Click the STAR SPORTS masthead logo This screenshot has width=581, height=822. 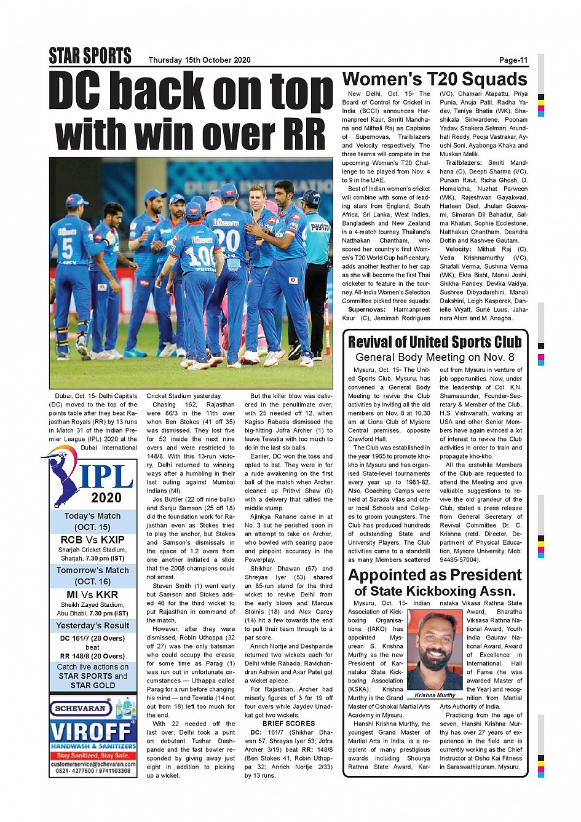click(x=90, y=56)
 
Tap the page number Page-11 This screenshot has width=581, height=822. click(x=513, y=60)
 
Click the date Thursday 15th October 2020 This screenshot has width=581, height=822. click(x=199, y=60)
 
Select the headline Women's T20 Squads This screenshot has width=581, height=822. click(x=435, y=79)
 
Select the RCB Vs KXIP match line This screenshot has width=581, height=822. click(x=92, y=540)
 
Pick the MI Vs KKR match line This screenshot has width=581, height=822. click(x=92, y=595)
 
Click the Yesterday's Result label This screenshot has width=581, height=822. click(x=92, y=625)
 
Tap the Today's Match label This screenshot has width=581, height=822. click(x=92, y=516)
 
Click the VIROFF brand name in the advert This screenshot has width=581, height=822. click(x=92, y=732)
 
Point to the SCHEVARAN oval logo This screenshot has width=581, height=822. click(x=81, y=708)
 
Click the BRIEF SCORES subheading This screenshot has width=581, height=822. click(x=288, y=724)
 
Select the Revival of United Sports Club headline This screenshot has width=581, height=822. click(x=435, y=342)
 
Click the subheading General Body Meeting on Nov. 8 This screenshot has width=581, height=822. click(x=435, y=357)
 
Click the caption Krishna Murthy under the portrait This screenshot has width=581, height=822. click(x=435, y=695)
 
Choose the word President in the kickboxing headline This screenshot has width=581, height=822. click(x=481, y=575)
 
